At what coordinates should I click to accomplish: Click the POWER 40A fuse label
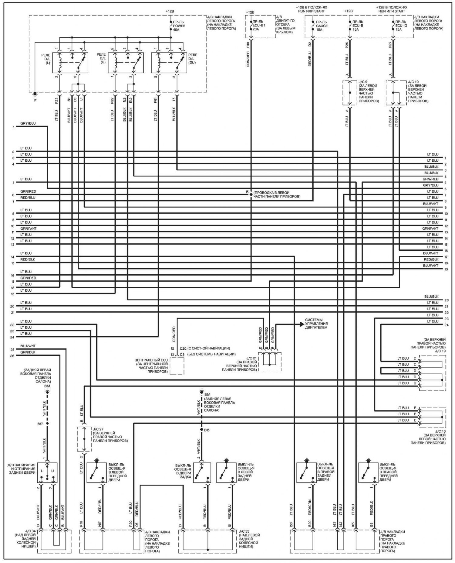coord(179,26)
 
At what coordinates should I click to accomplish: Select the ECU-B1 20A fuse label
coord(259,26)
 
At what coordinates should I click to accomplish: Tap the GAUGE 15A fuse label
coord(322,26)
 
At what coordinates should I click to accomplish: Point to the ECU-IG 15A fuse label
coord(401,26)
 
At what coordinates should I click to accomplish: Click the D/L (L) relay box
coord(70,63)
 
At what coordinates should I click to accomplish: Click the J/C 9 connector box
coord(349,93)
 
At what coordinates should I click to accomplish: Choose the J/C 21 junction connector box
coord(270,362)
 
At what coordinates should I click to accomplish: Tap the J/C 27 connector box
coord(84,439)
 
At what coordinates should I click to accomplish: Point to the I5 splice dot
coord(251,194)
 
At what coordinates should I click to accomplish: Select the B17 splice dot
coord(47,424)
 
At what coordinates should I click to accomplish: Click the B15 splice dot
coord(201,430)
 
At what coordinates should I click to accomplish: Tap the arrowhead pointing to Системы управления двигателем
coord(302,324)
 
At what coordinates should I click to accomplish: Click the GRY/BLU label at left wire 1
coord(28,124)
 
